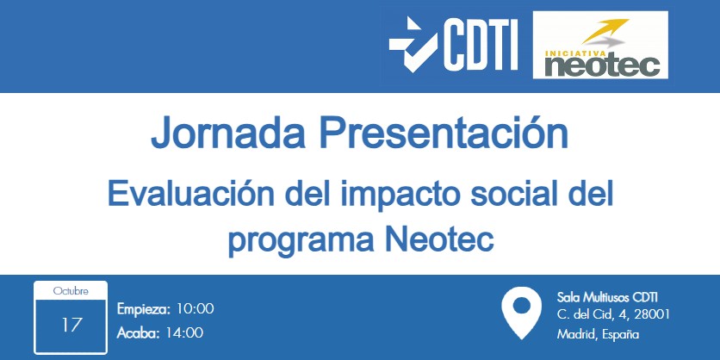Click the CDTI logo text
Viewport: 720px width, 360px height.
[480, 44]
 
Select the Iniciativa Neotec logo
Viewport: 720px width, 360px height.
[601, 46]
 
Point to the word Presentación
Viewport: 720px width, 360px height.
[444, 133]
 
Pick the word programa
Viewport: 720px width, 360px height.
[295, 237]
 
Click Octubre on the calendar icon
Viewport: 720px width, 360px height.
[71, 291]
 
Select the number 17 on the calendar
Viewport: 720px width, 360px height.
[71, 325]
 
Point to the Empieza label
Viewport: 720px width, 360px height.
[144, 308]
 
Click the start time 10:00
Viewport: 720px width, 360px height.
[195, 308]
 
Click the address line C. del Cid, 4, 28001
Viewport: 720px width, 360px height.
[614, 314]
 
